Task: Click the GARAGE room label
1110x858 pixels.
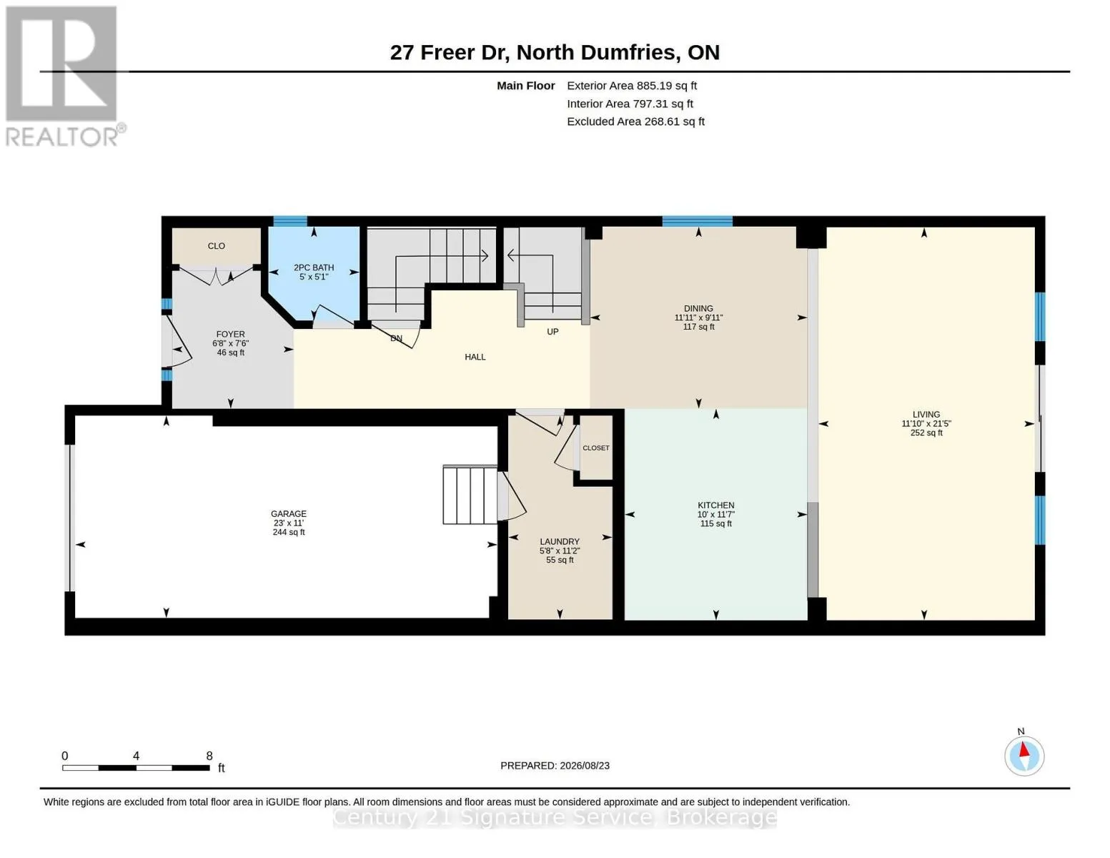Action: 289,513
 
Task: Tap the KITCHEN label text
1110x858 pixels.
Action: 715,505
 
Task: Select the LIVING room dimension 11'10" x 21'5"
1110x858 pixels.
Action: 926,423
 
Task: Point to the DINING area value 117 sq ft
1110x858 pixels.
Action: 698,327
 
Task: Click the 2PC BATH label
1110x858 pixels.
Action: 314,267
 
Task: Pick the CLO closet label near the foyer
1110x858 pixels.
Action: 216,246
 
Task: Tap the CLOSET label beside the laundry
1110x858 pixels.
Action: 595,448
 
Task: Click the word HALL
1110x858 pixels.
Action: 475,357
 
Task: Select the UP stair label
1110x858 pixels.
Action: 552,332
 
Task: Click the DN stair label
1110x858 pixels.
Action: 397,338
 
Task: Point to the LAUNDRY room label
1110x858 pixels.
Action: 560,541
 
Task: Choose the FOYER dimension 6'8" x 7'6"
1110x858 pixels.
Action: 230,343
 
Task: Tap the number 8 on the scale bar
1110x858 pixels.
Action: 209,756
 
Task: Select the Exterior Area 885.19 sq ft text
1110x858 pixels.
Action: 632,86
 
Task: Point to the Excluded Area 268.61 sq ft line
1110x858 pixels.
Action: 636,122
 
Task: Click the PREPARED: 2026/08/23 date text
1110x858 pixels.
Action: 555,766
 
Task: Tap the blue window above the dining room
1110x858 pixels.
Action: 698,221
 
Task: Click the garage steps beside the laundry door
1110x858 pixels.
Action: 470,495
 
